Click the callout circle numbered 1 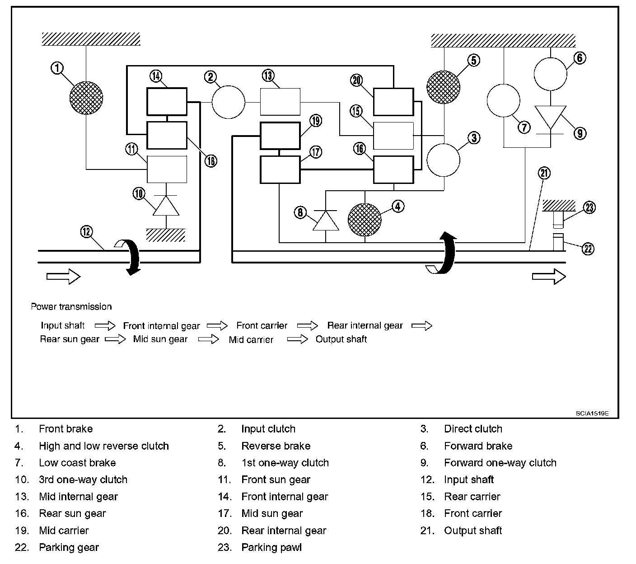pyautogui.click(x=57, y=68)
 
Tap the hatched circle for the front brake pyautogui.click(x=86, y=98)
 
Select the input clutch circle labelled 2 pyautogui.click(x=228, y=102)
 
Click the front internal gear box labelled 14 pyautogui.click(x=167, y=102)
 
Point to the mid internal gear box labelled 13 pyautogui.click(x=280, y=102)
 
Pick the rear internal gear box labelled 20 pyautogui.click(x=393, y=102)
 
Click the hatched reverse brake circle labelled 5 pyautogui.click(x=443, y=87)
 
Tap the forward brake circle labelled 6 pyautogui.click(x=550, y=74)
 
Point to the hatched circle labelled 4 pyautogui.click(x=365, y=220)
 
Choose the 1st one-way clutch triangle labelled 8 pyautogui.click(x=326, y=221)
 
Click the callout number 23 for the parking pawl pyautogui.click(x=589, y=207)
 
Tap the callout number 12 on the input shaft pyautogui.click(x=87, y=232)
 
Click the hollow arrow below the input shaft pyautogui.click(x=64, y=277)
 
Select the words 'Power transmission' pyautogui.click(x=71, y=306)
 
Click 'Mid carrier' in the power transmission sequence pyautogui.click(x=251, y=339)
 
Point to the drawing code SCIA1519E pyautogui.click(x=592, y=413)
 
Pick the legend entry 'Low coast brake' pyautogui.click(x=77, y=463)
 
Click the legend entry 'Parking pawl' pyautogui.click(x=271, y=547)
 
